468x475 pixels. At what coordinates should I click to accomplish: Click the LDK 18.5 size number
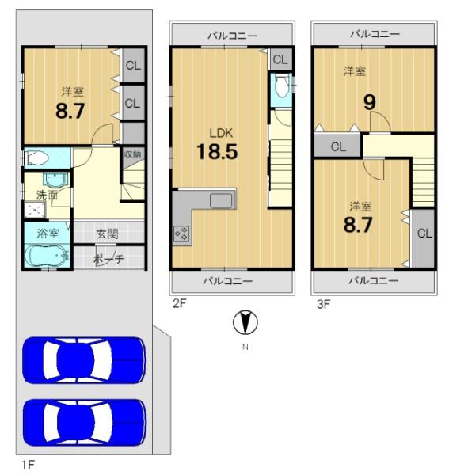point(217,151)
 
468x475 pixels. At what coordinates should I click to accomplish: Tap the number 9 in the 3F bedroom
point(370,102)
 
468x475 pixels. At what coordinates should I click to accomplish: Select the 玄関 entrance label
point(107,234)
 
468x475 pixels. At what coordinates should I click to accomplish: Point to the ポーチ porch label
point(108,259)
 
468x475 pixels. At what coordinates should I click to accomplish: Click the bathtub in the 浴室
point(48,256)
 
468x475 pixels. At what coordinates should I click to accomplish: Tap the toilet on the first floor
point(36,158)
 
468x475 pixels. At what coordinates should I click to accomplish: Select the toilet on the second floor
point(282,85)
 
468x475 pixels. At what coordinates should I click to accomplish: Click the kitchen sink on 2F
point(221,200)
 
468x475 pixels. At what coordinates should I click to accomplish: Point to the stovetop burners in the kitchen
point(181,234)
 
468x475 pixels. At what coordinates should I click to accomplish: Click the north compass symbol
point(245,322)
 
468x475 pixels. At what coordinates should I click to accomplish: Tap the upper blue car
point(84,360)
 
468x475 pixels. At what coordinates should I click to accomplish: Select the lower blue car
point(84,423)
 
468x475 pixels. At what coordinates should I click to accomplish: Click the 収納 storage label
point(133,154)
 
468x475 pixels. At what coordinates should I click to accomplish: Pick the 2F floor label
point(179,303)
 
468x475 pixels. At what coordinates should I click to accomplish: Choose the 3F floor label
point(323,304)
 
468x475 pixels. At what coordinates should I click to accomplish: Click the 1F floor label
point(29,464)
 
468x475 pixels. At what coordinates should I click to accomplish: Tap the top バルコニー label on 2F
point(233,36)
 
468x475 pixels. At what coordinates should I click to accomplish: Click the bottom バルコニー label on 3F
point(374,280)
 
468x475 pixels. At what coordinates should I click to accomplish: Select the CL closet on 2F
point(280,59)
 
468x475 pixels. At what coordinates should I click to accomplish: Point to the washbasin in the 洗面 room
point(55,180)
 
